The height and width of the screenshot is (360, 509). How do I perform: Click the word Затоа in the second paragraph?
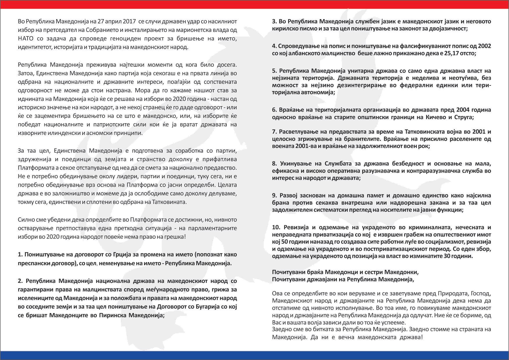(x=26, y=73)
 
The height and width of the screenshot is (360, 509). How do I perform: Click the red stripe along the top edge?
(x=254, y=4)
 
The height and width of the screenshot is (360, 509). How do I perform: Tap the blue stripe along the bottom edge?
(x=254, y=355)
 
